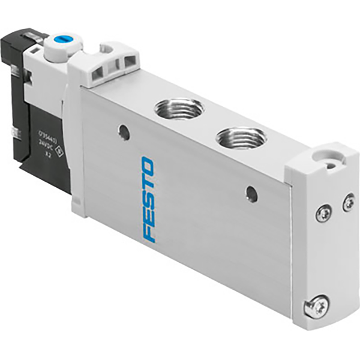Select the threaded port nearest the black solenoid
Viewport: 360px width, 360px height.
pyautogui.click(x=178, y=109)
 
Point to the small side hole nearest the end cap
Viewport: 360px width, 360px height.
pyautogui.click(x=252, y=194)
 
